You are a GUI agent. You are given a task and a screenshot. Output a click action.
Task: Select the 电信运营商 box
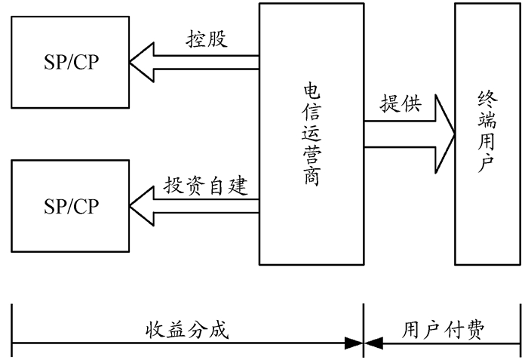point(311,134)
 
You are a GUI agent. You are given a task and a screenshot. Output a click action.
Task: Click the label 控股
point(207,40)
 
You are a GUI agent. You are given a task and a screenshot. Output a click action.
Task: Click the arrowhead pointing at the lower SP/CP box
point(140,206)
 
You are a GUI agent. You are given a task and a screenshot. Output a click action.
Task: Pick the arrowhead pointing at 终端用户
point(445,134)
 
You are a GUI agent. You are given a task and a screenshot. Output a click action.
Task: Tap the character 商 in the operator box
point(311,178)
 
